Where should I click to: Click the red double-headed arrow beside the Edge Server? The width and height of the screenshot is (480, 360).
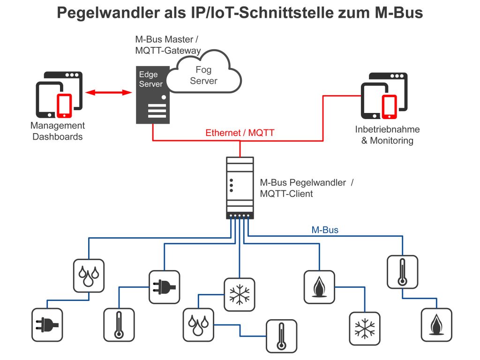(x=109, y=93)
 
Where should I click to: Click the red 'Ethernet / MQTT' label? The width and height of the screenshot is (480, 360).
(x=240, y=133)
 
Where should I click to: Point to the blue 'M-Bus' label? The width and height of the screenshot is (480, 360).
(x=325, y=230)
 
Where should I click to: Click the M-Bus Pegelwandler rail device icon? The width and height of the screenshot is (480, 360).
(x=240, y=187)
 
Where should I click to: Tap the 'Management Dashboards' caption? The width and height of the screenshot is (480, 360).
(x=58, y=131)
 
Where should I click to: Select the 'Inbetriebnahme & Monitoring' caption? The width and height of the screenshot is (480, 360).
(x=387, y=135)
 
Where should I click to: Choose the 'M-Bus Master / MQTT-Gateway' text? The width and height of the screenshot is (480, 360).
(x=168, y=45)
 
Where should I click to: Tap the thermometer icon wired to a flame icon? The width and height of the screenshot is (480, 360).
(x=402, y=271)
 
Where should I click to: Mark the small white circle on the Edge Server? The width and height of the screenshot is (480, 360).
(x=164, y=97)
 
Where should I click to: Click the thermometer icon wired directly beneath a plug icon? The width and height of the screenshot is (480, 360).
(x=119, y=324)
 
